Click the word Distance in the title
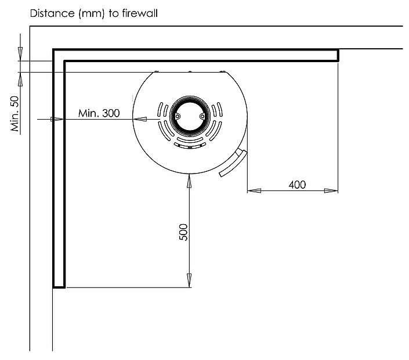click(52, 13)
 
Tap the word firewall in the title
click(140, 13)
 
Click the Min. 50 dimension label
click(15, 114)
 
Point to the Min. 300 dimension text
click(99, 113)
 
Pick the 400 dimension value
click(297, 185)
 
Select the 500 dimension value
click(183, 232)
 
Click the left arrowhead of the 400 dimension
click(254, 191)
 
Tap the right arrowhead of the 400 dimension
click(331, 191)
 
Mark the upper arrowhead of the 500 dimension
click(189, 181)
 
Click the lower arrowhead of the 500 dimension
click(189, 280)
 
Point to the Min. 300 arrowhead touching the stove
click(140, 119)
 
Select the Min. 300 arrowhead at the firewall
click(57, 119)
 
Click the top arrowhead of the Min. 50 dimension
click(20, 54)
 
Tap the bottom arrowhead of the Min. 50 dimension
click(20, 79)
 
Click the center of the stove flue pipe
click(190, 116)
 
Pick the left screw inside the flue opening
click(178, 116)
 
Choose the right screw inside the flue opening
click(202, 116)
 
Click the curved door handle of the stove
click(233, 163)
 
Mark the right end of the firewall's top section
click(338, 55)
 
